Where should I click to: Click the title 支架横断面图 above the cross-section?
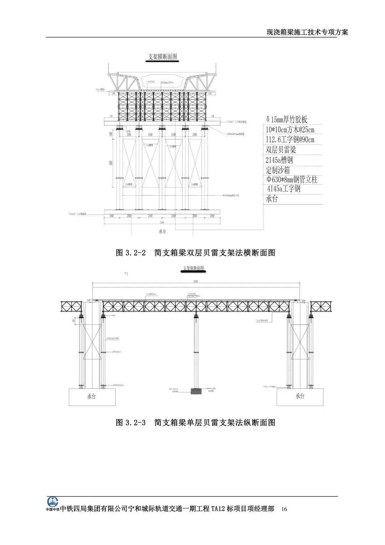tap(163, 57)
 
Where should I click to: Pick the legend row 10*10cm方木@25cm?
tap(290, 130)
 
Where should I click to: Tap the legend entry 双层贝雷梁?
tap(281, 150)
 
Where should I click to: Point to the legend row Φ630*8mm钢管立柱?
tap(292, 179)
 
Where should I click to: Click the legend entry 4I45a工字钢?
tap(283, 189)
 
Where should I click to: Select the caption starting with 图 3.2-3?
tap(196, 423)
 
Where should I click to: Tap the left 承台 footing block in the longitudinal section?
tap(92, 397)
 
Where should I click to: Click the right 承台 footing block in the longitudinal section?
tap(300, 397)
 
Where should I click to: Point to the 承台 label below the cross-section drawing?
tap(162, 231)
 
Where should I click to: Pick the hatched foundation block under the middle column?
tap(196, 391)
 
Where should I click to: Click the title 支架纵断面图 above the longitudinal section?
tap(194, 268)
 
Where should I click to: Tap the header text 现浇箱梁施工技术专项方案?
tap(307, 32)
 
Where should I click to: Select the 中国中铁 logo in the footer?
tap(53, 504)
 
